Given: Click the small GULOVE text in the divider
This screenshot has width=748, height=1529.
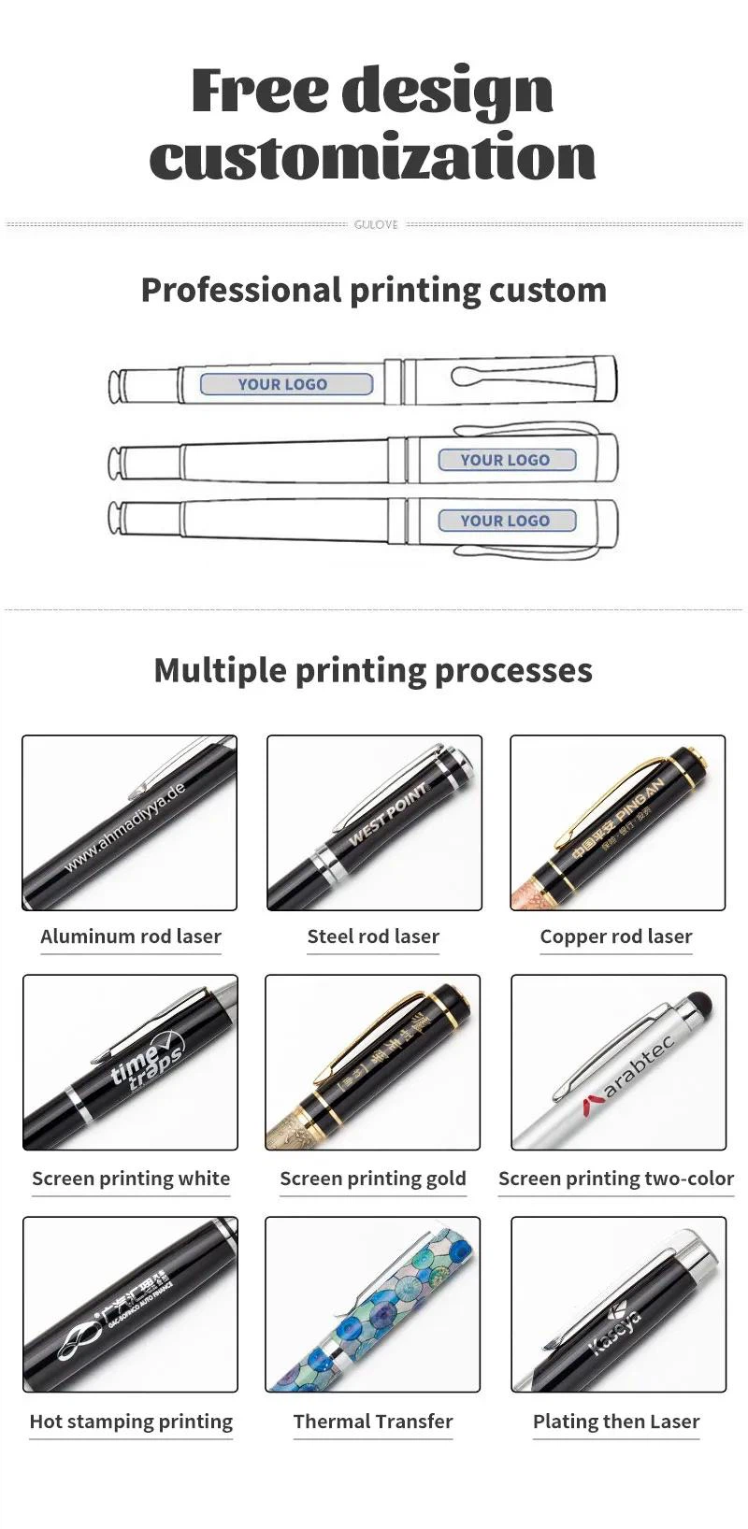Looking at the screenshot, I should click(375, 224).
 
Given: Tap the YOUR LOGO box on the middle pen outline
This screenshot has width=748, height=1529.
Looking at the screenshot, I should click(506, 460).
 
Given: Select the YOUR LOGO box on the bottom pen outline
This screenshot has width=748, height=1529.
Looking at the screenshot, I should click(506, 521).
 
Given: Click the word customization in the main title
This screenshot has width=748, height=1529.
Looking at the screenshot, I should click(372, 156).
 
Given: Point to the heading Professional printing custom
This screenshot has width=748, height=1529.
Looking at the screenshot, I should click(373, 290).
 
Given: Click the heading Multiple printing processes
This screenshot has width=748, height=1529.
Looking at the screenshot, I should click(373, 670).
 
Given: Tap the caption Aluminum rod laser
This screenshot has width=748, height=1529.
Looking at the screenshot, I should click(131, 936).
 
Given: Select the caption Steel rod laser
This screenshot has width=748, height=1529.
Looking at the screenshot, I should click(373, 936).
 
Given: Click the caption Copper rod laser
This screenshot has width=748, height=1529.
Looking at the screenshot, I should click(616, 936).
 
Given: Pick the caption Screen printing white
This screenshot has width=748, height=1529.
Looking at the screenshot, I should click(131, 1179).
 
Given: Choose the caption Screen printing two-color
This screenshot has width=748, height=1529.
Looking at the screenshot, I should click(616, 1179).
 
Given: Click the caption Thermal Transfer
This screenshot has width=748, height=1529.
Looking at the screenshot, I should click(373, 1422).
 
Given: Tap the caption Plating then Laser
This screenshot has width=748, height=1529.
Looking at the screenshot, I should click(616, 1422).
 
